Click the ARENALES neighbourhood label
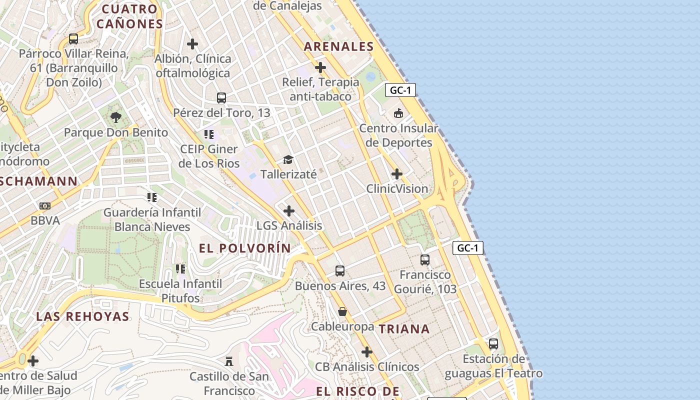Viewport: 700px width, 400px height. pos(339,46)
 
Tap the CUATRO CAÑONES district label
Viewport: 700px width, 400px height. pos(129,16)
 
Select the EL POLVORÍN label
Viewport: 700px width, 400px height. pos(245,248)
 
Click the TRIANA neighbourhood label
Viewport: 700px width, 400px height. pos(404,329)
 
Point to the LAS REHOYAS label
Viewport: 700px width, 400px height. pos(83,316)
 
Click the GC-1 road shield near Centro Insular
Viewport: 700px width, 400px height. pos(400,90)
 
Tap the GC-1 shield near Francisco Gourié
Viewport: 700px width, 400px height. pos(468,247)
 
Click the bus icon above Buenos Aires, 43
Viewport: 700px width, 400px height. pos(340,271)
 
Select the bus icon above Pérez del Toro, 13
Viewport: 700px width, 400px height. pos(221,98)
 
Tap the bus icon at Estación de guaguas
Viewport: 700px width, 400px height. pos(493,344)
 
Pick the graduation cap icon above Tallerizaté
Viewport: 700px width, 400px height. pos(288,160)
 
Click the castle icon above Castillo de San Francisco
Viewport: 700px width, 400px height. pos(229,361)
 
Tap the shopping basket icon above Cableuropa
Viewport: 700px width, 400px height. pos(342,312)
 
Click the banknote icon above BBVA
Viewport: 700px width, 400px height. pos(45,206)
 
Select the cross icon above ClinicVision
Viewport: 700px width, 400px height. pos(397,174)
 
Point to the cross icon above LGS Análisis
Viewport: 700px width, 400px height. pos(289,211)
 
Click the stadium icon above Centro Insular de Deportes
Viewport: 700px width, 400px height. pos(398,113)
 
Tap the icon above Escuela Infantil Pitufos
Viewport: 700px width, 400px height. pos(180,269)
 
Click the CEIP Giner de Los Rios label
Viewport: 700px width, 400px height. pos(209,156)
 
